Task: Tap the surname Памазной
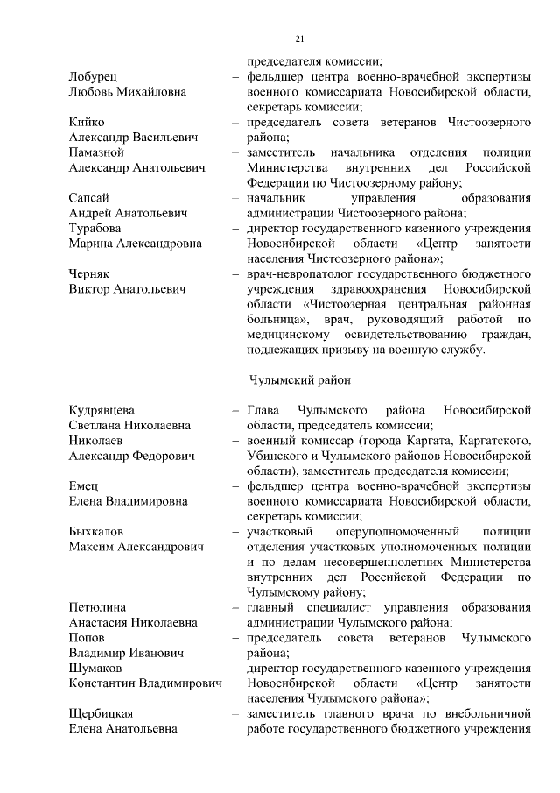[96, 152]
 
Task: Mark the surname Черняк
[88, 274]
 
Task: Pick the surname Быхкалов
[95, 532]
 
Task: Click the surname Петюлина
[97, 607]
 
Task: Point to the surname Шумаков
[94, 668]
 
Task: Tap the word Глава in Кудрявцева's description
[262, 410]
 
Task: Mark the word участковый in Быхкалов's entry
[278, 532]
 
